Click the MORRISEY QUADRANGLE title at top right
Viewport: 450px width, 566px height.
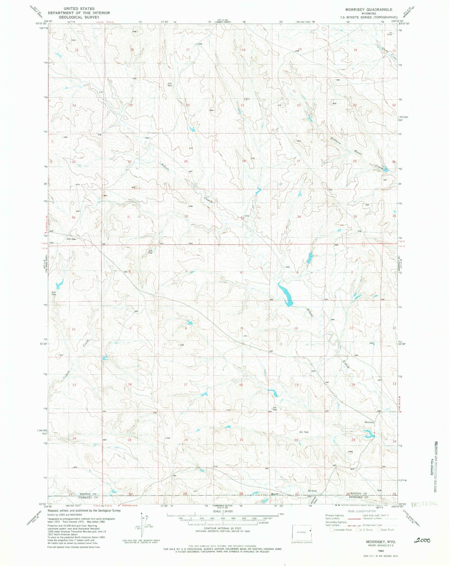tap(367, 10)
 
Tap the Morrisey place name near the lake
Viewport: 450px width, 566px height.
tap(369, 422)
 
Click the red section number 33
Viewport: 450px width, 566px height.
tap(242, 219)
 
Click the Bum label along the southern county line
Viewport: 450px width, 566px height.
tap(274, 494)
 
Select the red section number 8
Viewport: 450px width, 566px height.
tap(186, 328)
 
